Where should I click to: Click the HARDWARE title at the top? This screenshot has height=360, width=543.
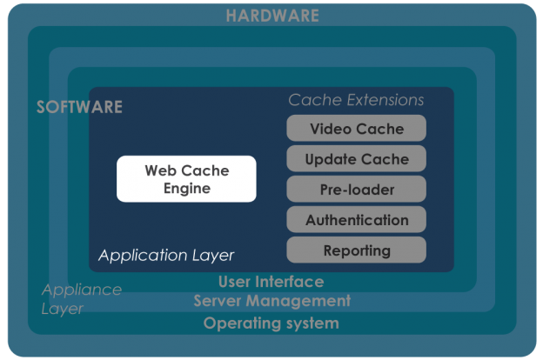pyautogui.click(x=271, y=16)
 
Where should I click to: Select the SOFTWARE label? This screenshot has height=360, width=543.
pyautogui.click(x=79, y=108)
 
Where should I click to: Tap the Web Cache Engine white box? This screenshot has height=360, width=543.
pyautogui.click(x=186, y=179)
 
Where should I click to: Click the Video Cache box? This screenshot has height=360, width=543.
pyautogui.click(x=357, y=129)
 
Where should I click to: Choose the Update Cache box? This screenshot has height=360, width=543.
pyautogui.click(x=357, y=159)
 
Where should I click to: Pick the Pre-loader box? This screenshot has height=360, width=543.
pyautogui.click(x=357, y=190)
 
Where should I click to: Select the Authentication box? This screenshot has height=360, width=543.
pyautogui.click(x=357, y=220)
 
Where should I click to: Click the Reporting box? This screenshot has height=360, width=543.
pyautogui.click(x=357, y=250)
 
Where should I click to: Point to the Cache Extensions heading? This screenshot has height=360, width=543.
pyautogui.click(x=356, y=100)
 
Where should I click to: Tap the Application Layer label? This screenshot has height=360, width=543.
pyautogui.click(x=166, y=256)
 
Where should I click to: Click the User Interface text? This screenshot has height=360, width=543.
pyautogui.click(x=271, y=282)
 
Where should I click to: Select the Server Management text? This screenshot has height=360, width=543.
pyautogui.click(x=271, y=301)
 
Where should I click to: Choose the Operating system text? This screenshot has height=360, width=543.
pyautogui.click(x=271, y=323)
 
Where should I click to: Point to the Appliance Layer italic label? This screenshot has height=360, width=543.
pyautogui.click(x=81, y=299)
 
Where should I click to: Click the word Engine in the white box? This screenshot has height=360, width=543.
pyautogui.click(x=186, y=189)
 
